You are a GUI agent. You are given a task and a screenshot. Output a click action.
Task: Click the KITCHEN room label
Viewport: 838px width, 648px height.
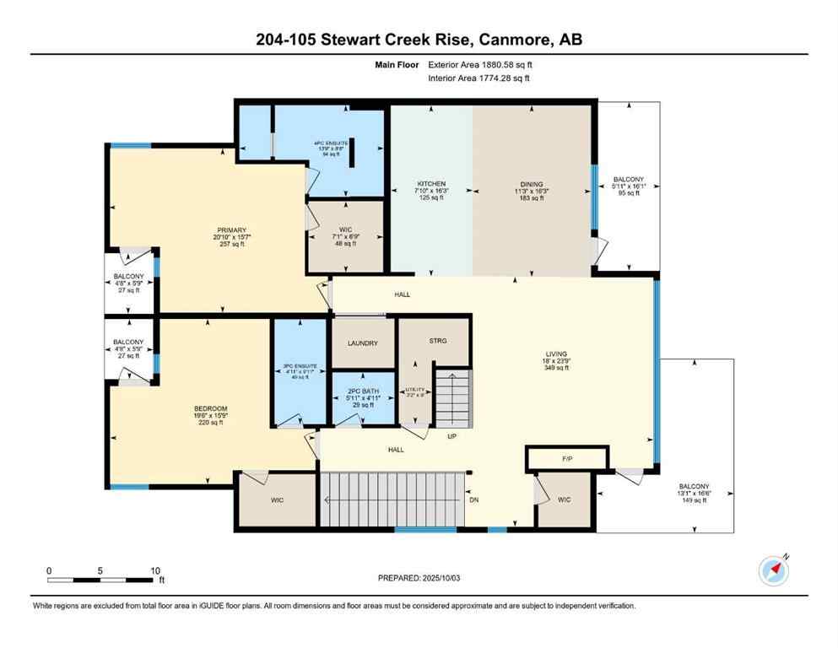pos(430,184)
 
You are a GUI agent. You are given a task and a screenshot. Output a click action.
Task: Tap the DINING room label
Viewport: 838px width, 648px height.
pos(532,184)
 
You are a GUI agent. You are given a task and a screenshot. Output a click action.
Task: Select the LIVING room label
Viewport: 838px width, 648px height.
pos(556,354)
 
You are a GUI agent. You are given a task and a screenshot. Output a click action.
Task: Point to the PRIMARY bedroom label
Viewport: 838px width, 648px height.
pos(230,230)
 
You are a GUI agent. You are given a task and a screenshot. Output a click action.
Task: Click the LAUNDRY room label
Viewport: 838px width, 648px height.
pos(362,343)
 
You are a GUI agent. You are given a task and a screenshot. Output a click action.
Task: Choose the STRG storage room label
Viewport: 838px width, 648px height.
pos(437,341)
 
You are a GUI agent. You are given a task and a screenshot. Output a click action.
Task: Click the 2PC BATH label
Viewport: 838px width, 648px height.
pos(362,391)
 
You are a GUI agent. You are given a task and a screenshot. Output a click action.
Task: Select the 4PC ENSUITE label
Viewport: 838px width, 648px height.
pos(330,143)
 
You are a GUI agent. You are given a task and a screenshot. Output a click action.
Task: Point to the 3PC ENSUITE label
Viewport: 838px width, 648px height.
pos(298,365)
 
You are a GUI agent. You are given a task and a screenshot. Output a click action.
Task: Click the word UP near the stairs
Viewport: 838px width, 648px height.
pos(451,436)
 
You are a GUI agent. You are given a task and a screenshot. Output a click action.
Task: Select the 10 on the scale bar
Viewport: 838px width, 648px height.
pos(154,570)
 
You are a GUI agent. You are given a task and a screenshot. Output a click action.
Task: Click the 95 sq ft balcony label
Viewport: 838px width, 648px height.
pos(628,193)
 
